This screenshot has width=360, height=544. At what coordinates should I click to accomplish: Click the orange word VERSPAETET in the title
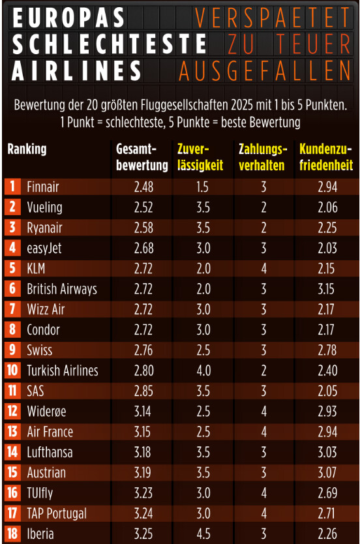[272, 18]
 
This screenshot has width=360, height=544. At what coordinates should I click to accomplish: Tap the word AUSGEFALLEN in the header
[265, 71]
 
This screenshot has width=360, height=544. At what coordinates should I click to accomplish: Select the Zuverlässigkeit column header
[200, 157]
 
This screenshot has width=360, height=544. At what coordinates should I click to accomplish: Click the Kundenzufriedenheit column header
[326, 157]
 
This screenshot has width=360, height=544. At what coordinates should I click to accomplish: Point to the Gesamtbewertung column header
[142, 157]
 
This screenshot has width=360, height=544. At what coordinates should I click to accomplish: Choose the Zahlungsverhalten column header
[263, 157]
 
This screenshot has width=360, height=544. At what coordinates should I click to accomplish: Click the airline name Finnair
[43, 187]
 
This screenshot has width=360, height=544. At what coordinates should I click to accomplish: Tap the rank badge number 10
[12, 370]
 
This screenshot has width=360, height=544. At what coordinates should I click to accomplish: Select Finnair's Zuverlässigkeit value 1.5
[202, 187]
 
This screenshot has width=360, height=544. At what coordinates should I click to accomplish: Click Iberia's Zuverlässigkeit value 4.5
[203, 534]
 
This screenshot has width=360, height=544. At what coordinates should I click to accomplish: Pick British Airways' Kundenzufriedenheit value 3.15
[326, 289]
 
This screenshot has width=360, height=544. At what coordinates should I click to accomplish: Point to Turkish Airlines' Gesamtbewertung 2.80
[144, 370]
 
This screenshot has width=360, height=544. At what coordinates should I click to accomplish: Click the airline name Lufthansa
[50, 452]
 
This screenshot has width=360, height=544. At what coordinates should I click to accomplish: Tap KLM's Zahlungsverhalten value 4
[263, 269]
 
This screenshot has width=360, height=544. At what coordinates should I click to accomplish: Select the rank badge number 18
[12, 534]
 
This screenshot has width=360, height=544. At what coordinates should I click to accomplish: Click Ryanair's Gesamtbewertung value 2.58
[144, 228]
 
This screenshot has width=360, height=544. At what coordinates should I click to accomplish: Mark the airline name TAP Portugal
[57, 513]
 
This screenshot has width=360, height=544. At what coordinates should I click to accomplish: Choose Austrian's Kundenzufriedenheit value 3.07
[327, 472]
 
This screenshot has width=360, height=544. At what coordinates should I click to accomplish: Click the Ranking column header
[27, 149]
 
